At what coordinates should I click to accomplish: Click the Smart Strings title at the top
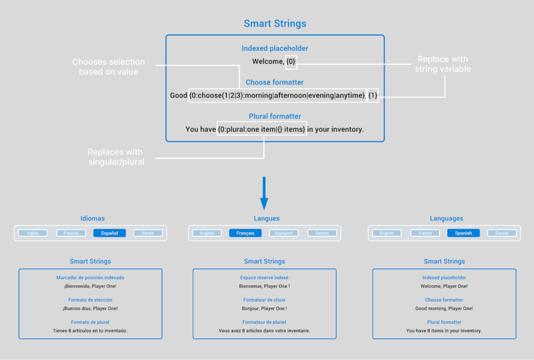pyautogui.click(x=275, y=24)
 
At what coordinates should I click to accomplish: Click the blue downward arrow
pyautogui.click(x=264, y=194)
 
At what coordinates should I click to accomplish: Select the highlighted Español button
pyautogui.click(x=109, y=233)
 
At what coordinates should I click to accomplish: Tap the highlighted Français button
pyautogui.click(x=245, y=233)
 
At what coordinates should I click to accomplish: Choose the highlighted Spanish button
pyautogui.click(x=463, y=233)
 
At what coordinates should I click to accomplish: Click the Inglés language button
pyautogui.click(x=33, y=233)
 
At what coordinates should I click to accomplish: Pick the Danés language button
pyautogui.click(x=148, y=233)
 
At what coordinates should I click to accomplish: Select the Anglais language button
pyautogui.click(x=207, y=233)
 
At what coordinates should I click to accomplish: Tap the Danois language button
pyautogui.click(x=322, y=233)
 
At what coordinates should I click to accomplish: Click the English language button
pyautogui.click(x=386, y=233)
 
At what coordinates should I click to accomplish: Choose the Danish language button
pyautogui.click(x=502, y=233)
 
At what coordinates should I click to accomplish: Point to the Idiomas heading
pyautogui.click(x=92, y=219)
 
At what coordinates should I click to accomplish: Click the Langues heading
pyautogui.click(x=266, y=219)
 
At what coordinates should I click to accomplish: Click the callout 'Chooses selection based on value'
pyautogui.click(x=108, y=67)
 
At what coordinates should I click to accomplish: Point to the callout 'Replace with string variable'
pyautogui.click(x=442, y=64)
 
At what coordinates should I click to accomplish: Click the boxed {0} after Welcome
pyautogui.click(x=291, y=62)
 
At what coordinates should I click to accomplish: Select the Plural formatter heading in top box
pyautogui.click(x=275, y=116)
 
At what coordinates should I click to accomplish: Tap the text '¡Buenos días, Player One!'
pyautogui.click(x=90, y=308)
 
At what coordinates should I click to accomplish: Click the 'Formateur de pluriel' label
pyautogui.click(x=264, y=322)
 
